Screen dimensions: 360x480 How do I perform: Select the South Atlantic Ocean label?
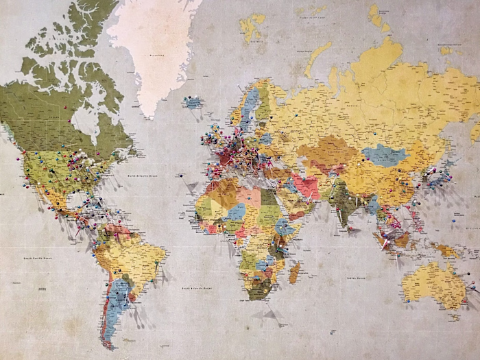point(197,288)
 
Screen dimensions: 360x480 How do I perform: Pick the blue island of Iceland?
point(193,103)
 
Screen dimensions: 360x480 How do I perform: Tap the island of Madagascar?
point(294,273)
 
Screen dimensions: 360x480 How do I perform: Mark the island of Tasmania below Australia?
point(452,316)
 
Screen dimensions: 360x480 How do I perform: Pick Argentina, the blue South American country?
point(117,302)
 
